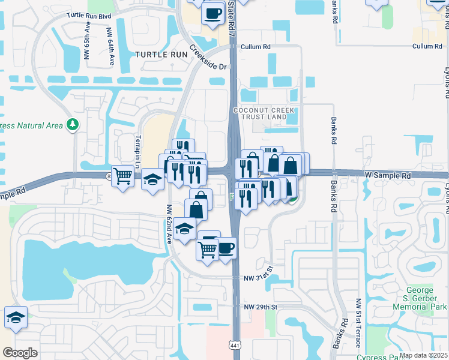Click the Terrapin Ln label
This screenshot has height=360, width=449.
click(x=137, y=150)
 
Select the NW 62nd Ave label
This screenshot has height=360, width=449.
click(x=169, y=224)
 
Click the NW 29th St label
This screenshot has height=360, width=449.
click(x=261, y=307)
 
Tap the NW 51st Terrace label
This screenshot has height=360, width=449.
click(x=358, y=323)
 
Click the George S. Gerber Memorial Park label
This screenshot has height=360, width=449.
click(x=420, y=298)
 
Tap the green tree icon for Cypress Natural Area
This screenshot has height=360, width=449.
click(x=73, y=125)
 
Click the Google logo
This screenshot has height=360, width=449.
click(x=20, y=353)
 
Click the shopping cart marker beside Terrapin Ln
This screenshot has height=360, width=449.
click(x=123, y=176)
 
